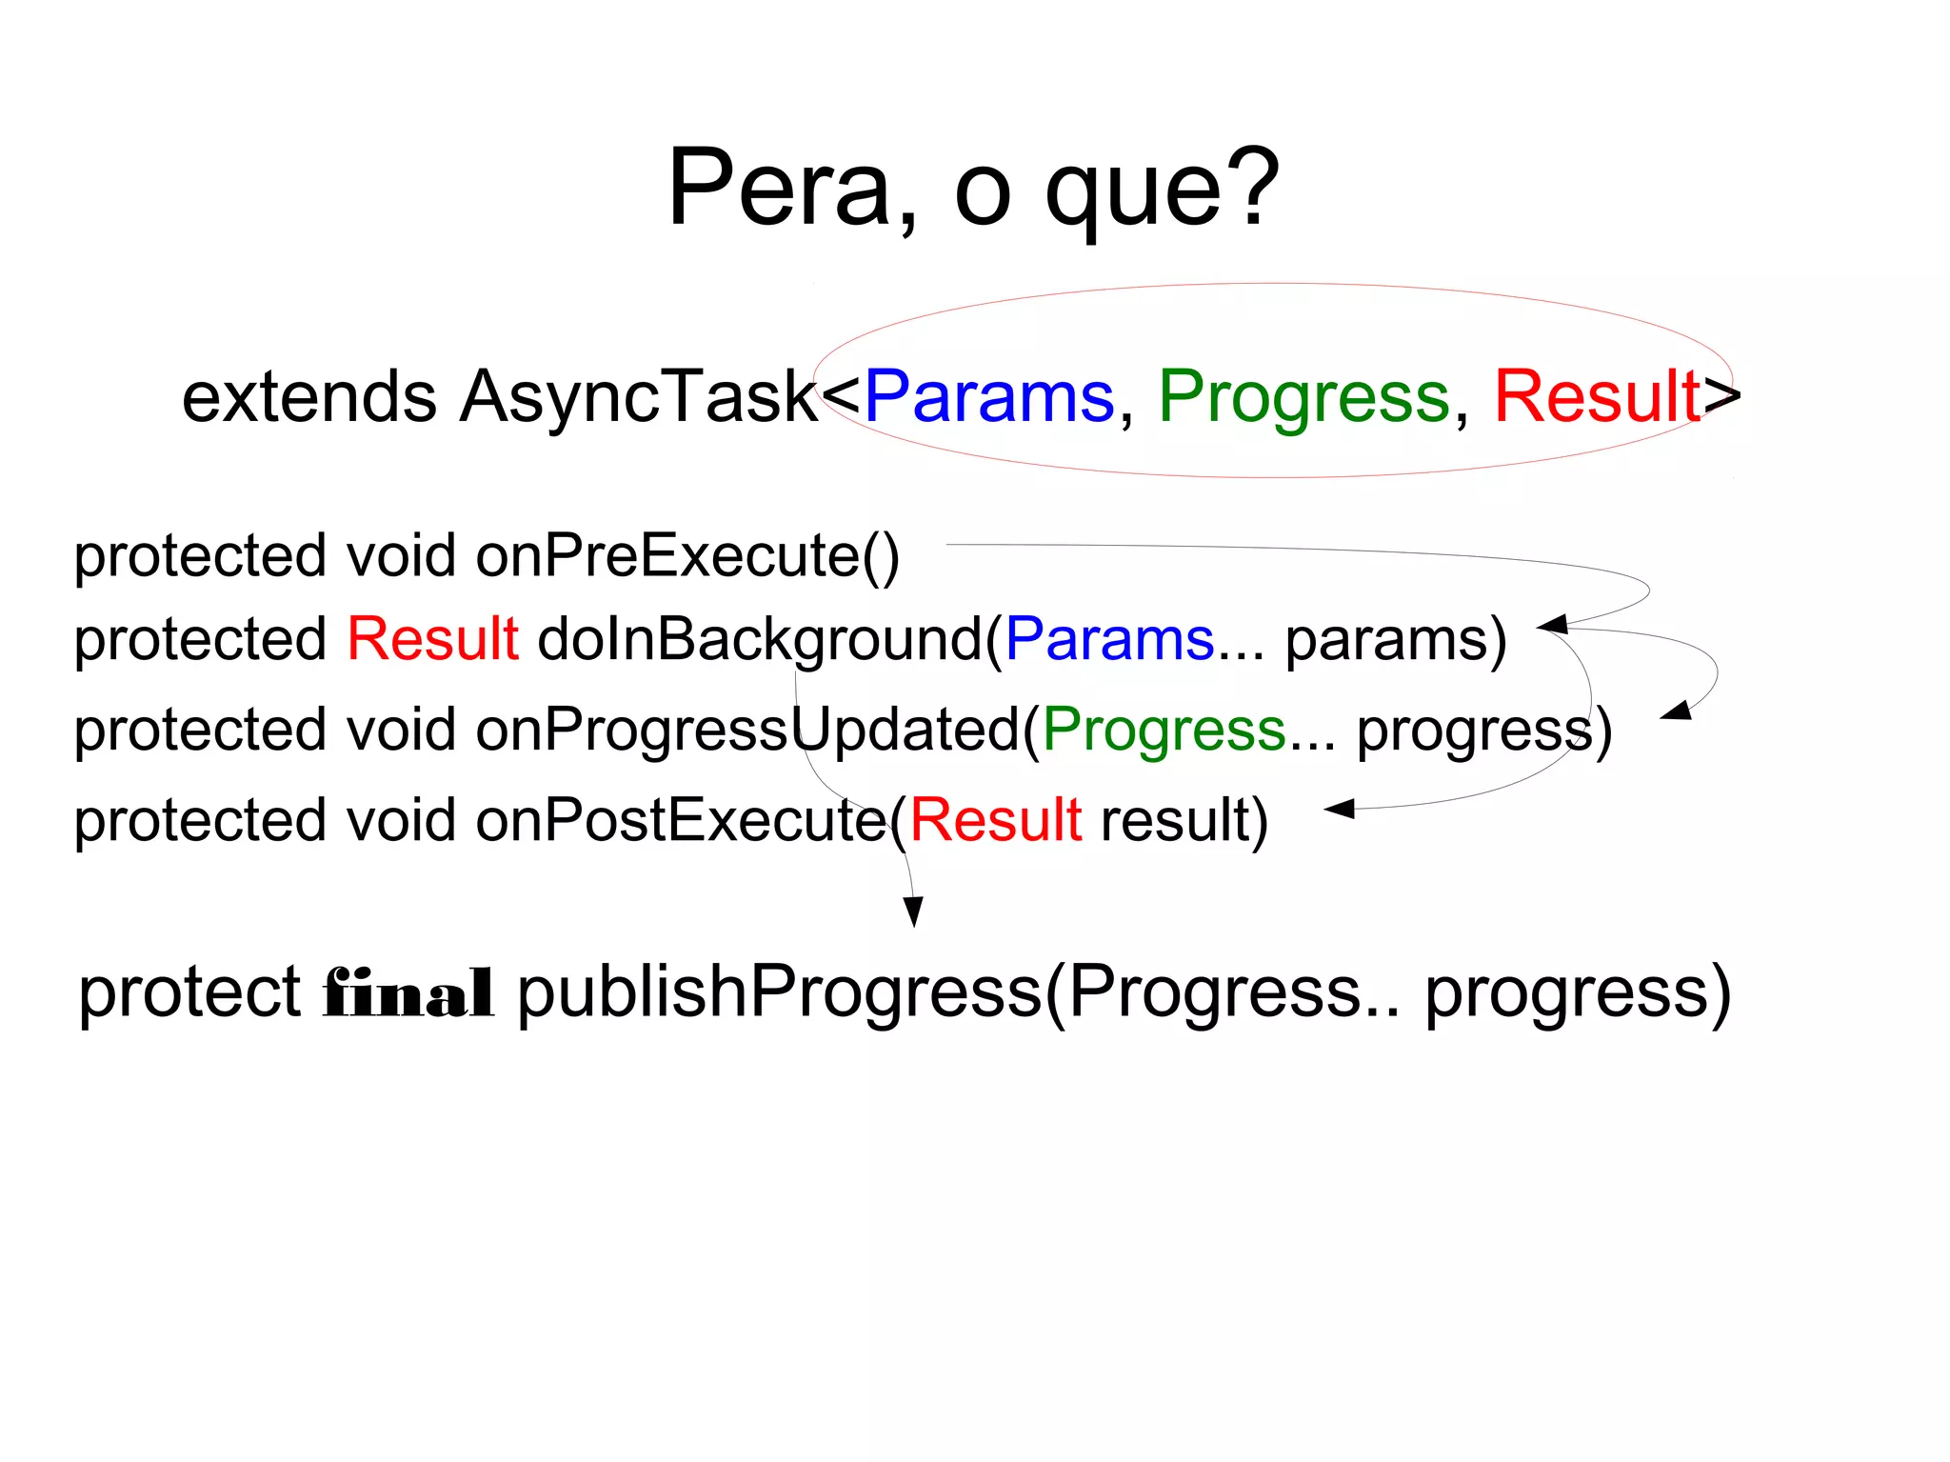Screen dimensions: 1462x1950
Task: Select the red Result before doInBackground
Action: [432, 638]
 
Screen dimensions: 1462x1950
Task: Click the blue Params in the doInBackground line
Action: [1109, 638]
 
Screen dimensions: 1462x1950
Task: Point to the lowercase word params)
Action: [1396, 640]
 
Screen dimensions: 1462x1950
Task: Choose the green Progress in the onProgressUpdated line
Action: [1164, 730]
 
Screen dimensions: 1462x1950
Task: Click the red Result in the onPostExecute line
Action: [995, 820]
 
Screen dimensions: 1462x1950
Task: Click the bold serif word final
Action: [408, 993]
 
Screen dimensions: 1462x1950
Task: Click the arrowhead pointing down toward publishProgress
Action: [913, 911]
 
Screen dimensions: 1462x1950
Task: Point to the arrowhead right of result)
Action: [1340, 809]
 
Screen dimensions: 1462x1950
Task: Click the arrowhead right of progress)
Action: [1677, 711]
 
